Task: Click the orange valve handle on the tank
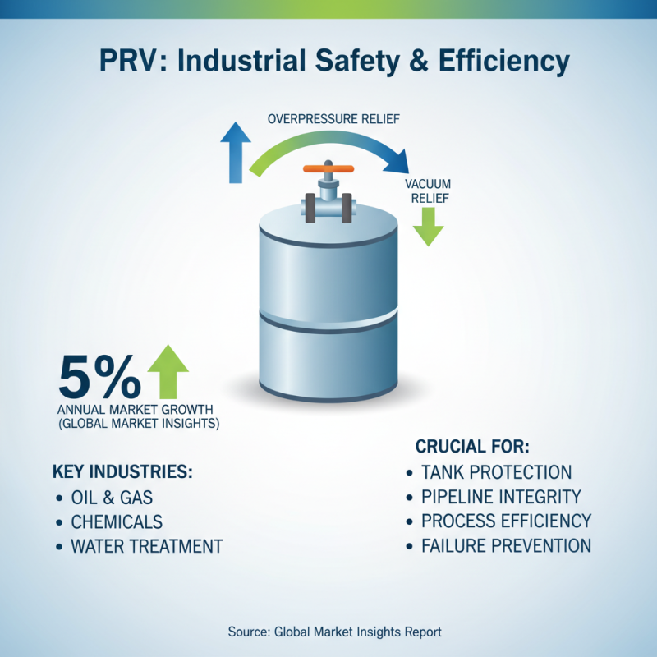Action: (328, 169)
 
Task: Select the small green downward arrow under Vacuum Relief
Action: (428, 226)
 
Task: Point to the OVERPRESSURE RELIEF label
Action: (333, 119)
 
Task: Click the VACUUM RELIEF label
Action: (428, 191)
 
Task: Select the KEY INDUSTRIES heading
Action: (122, 473)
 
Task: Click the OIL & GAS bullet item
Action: (112, 498)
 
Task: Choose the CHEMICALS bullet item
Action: (117, 521)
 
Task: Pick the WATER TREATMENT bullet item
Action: (146, 545)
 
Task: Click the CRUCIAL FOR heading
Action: (472, 448)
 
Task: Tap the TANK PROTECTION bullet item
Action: (496, 472)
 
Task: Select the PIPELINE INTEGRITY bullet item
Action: (501, 496)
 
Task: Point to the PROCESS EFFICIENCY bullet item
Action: (506, 521)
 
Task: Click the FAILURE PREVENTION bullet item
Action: (506, 544)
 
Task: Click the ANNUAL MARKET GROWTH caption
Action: (136, 409)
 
